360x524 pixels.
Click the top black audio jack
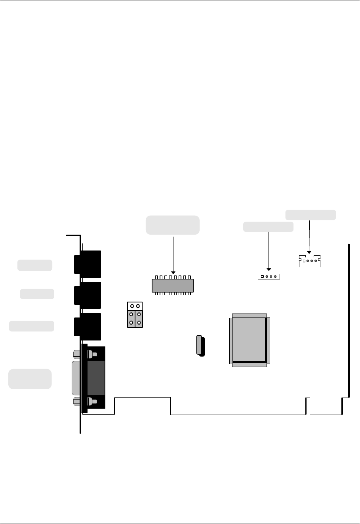88,264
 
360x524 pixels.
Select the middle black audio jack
88,295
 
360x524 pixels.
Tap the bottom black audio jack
88,327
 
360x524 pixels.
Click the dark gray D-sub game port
96,378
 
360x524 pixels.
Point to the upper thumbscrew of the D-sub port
91,354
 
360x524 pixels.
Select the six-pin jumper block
135,315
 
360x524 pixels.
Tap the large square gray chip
249,340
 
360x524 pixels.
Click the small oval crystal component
200,345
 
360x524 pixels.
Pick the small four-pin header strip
269,276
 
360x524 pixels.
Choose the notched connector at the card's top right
309,261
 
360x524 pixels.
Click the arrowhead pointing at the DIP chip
173,272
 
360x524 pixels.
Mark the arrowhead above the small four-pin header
269,270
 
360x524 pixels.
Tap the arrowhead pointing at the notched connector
309,252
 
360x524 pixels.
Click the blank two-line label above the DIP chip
173,225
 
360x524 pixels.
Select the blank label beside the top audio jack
35,265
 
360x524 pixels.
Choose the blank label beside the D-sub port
30,379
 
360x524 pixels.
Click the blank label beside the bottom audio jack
32,326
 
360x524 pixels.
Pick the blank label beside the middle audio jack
37,294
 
